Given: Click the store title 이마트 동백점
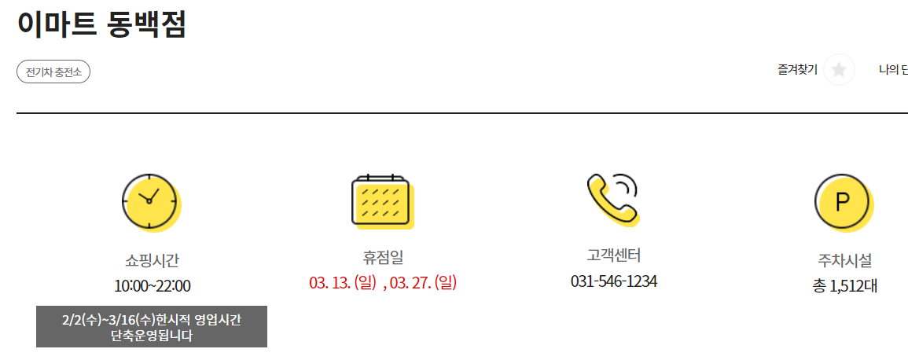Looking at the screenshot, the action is (x=102, y=24).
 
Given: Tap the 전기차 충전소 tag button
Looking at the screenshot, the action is (x=53, y=72).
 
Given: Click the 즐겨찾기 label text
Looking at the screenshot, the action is (x=797, y=70).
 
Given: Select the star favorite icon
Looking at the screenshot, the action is (x=839, y=70).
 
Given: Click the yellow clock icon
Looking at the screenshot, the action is (x=150, y=201).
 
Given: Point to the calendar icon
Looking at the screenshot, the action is (x=380, y=200).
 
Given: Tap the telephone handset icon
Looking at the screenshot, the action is (x=612, y=198).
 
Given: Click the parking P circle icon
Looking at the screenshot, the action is (x=843, y=202).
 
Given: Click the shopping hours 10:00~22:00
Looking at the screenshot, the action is (x=152, y=285).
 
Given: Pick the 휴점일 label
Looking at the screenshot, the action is (x=383, y=257).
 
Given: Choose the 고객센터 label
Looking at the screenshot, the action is (x=614, y=255).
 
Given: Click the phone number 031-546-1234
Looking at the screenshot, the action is (x=614, y=281).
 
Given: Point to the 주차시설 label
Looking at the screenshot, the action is (x=844, y=260).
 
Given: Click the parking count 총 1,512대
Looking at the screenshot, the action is (x=844, y=285).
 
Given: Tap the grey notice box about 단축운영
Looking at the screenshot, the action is (x=152, y=327).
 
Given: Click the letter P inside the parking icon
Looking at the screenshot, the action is (x=843, y=202).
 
